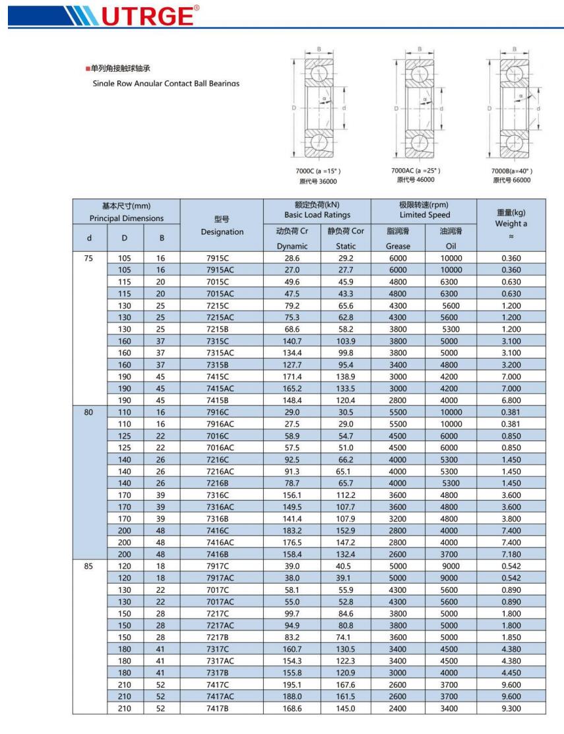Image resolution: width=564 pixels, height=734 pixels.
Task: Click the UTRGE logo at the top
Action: tap(106, 13)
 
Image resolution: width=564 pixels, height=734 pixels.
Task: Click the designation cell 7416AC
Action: tap(221, 543)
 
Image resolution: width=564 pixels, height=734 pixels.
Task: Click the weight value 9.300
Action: tap(511, 708)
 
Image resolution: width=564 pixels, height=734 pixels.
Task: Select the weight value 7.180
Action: tap(511, 555)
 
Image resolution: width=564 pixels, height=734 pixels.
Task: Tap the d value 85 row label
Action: tap(89, 566)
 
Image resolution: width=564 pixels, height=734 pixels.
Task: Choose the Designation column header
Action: tap(221, 231)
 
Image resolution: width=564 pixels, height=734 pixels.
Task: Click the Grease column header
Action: tap(398, 246)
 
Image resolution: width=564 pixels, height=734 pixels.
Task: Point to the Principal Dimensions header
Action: tap(127, 218)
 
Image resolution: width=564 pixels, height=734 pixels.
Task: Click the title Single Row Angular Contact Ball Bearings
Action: tap(166, 83)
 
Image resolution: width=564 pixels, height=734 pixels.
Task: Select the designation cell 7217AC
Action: tap(221, 625)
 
